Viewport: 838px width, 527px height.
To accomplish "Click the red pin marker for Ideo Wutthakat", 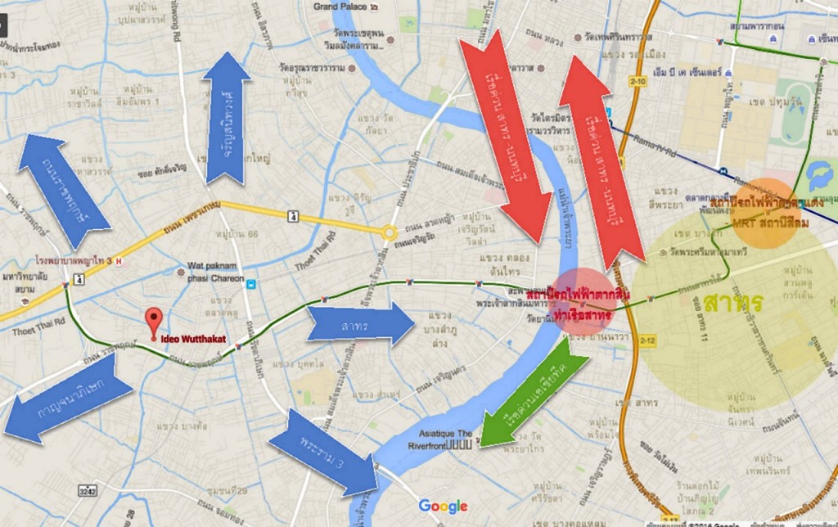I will pos(152,320).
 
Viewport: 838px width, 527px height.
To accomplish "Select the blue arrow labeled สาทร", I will pos(361,323).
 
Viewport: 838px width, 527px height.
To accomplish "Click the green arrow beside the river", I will pos(533,391).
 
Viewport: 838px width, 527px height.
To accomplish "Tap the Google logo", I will pos(443,506).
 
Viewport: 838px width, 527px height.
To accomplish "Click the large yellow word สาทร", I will pos(732,304).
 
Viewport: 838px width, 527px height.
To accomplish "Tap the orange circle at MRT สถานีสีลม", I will pos(766,208).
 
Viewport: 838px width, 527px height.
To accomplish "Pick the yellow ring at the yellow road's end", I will pos(390,232).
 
